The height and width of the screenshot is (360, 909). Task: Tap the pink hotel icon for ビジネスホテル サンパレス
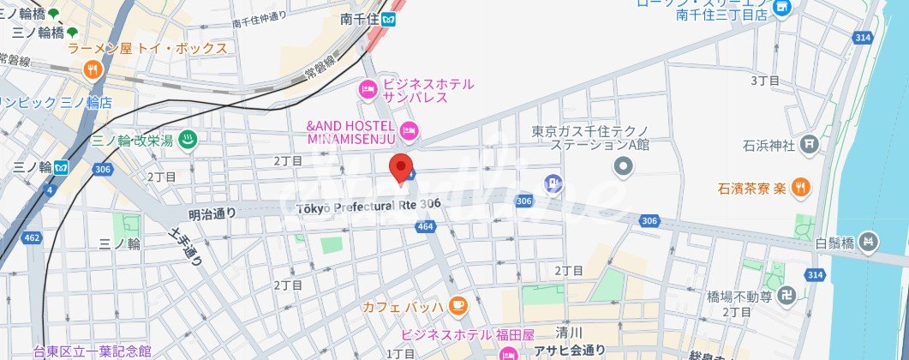(x=368, y=89)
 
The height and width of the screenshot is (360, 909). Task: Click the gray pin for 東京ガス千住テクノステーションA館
(x=623, y=166)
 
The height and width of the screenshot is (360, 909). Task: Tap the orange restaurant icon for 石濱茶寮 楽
(x=799, y=186)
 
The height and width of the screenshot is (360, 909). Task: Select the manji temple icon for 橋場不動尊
(x=787, y=297)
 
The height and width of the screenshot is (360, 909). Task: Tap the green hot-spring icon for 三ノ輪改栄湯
(x=188, y=140)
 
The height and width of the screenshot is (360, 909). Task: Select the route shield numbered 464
(x=425, y=226)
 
